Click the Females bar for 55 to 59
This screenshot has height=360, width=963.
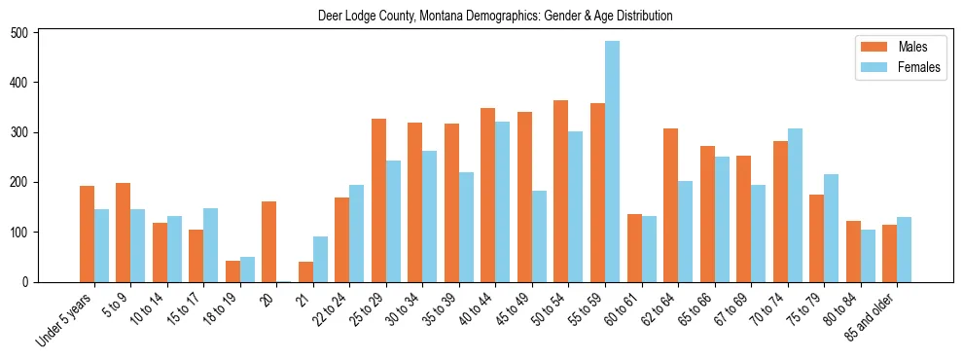[x=612, y=162]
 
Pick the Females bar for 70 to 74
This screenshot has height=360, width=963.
[x=795, y=205]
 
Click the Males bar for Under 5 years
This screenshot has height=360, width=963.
[x=87, y=234]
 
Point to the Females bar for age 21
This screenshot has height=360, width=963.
[x=320, y=259]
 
